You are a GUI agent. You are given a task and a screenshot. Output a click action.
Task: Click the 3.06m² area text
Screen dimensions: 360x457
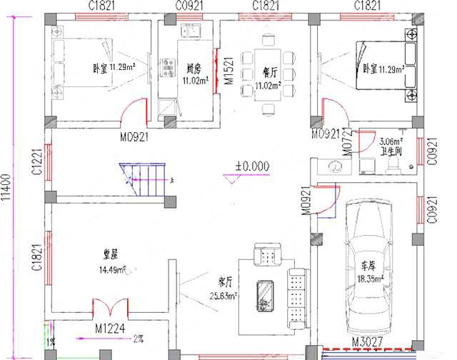(392, 141)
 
